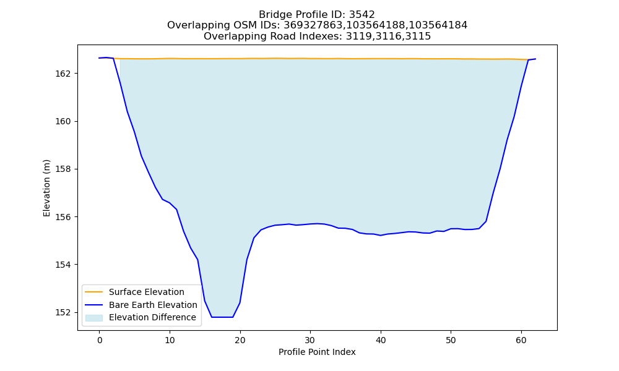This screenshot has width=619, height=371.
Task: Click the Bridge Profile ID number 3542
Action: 361,15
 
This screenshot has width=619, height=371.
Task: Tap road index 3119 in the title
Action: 359,36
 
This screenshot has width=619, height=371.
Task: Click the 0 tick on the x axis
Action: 99,341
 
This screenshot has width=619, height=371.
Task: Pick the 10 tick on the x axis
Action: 170,341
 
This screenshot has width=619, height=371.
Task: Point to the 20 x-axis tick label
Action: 240,341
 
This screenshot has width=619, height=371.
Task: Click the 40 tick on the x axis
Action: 381,341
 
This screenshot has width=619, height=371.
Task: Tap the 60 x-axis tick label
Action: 521,341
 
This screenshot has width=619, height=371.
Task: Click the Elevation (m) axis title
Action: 46,188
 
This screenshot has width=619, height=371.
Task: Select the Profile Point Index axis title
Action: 317,352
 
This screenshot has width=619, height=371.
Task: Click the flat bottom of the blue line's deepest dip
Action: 222,317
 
